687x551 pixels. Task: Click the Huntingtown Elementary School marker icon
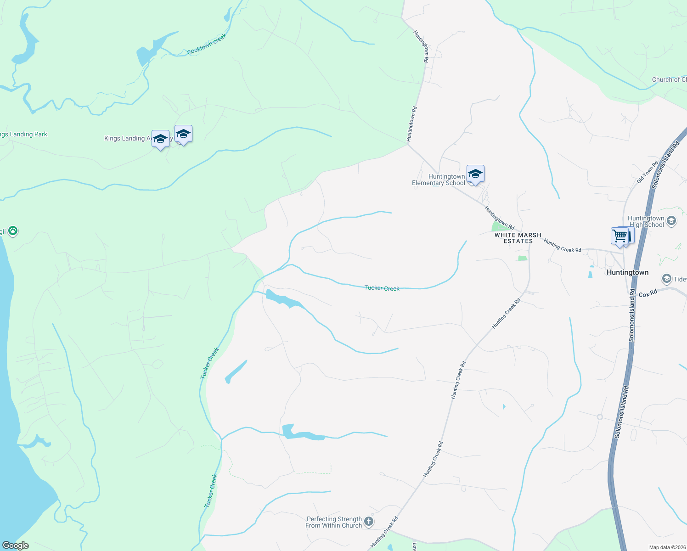(475, 174)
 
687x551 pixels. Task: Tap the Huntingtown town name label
(627, 272)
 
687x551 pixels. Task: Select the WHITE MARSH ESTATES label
(518, 238)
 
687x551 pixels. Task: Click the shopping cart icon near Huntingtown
(620, 236)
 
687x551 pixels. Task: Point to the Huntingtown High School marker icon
(671, 221)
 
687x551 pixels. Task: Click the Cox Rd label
(648, 293)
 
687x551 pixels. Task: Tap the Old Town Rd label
(648, 172)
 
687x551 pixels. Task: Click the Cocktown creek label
(207, 45)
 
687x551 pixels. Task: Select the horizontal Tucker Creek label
(382, 288)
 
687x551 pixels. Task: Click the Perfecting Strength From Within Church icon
(368, 521)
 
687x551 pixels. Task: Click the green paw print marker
(13, 231)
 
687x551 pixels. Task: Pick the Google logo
(15, 545)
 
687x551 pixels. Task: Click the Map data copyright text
(667, 547)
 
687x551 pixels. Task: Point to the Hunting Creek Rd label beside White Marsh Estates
(562, 246)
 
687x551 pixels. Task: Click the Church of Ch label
(669, 79)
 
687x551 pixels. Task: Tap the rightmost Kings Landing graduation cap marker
(183, 134)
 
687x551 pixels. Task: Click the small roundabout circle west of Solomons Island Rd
(599, 417)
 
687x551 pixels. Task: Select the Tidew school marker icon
(666, 279)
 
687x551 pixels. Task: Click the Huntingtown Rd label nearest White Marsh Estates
(499, 218)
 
